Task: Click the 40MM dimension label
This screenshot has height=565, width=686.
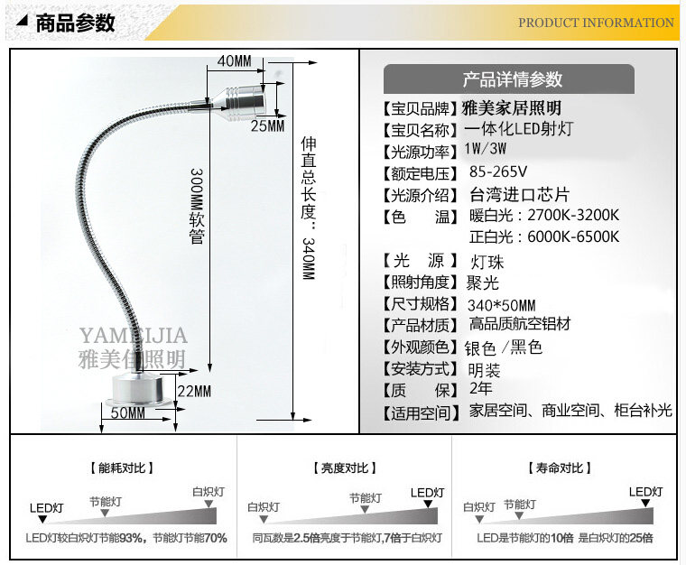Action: click(x=235, y=60)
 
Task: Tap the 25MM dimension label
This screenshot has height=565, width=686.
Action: click(x=267, y=125)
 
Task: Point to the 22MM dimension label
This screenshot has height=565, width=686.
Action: click(x=193, y=391)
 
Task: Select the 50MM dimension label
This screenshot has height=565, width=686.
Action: click(x=128, y=413)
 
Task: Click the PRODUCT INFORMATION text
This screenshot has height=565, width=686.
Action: click(x=596, y=23)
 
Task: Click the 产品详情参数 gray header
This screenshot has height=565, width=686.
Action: click(x=512, y=79)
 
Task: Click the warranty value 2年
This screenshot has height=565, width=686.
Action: click(x=481, y=389)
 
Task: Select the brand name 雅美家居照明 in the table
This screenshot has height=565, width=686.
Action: click(x=511, y=107)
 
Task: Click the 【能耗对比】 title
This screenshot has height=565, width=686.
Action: click(x=122, y=468)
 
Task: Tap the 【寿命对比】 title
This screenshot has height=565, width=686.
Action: click(x=559, y=468)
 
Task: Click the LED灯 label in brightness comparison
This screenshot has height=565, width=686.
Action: click(x=427, y=492)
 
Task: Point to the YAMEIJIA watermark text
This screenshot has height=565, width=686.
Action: click(x=133, y=337)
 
